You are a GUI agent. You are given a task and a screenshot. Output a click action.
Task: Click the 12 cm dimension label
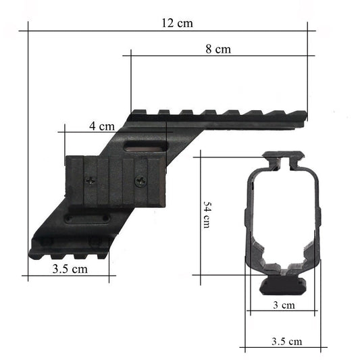177,23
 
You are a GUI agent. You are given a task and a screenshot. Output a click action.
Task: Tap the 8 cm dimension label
218,49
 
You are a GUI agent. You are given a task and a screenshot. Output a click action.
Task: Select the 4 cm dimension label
102,126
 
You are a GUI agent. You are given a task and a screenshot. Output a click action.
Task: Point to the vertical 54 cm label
207,215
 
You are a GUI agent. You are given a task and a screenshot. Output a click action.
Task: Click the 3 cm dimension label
284,305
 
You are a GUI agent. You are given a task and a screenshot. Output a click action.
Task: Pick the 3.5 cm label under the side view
70,269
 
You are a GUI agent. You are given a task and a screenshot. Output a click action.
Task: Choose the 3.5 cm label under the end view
287,341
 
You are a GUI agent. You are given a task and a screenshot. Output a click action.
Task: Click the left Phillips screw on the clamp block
91,181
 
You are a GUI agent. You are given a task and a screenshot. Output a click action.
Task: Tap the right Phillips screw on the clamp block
140,181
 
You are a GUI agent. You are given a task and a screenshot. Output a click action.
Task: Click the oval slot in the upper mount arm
145,147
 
